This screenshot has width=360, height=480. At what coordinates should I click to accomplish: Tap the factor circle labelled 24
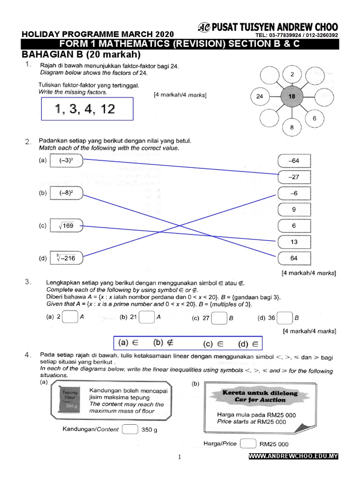[260, 97]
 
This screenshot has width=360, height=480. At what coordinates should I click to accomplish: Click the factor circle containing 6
[315, 119]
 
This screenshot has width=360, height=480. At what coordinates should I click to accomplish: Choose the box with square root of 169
[66, 226]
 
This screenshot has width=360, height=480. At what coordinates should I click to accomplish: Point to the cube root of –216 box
[66, 258]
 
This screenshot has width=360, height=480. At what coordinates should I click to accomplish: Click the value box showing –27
[294, 177]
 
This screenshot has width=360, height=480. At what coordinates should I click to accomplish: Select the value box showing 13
[294, 242]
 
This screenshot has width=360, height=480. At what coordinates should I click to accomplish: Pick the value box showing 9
[294, 210]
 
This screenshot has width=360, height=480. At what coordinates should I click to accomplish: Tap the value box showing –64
[294, 161]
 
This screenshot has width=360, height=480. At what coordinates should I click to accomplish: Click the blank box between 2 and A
[70, 317]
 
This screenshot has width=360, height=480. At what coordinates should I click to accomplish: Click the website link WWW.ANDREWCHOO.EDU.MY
[293, 456]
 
